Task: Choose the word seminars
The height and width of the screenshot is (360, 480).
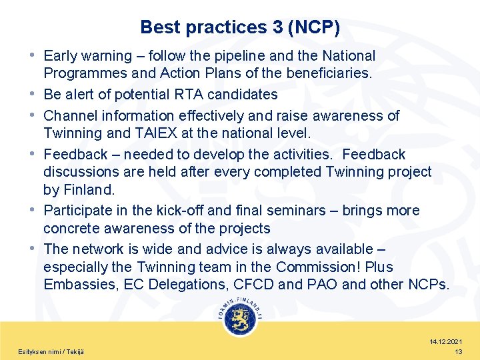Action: (x=305, y=211)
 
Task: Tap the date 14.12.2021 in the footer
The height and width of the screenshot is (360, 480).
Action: (x=446, y=341)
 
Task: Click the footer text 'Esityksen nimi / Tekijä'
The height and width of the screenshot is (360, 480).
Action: (x=51, y=351)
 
